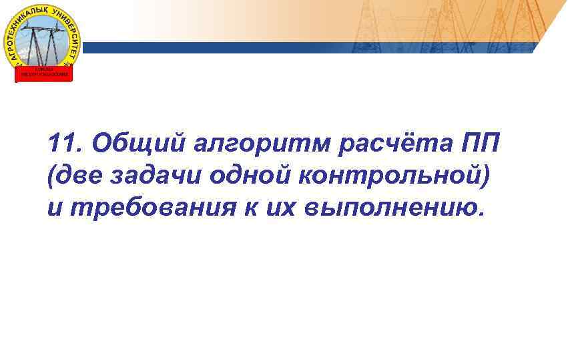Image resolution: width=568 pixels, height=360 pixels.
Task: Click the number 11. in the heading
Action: (x=65, y=142)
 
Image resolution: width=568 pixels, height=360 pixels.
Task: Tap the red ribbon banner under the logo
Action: (x=43, y=73)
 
